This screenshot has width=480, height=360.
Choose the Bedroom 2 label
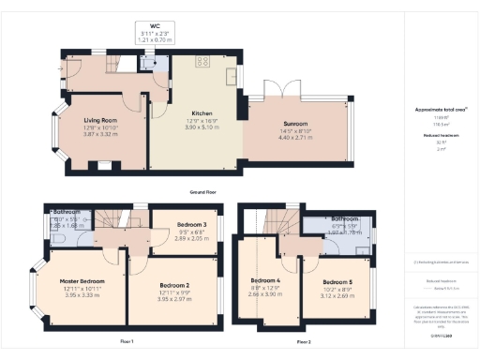tap(174, 285)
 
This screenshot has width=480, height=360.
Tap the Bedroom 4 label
tap(266, 280)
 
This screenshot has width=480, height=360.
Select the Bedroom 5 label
tap(337, 282)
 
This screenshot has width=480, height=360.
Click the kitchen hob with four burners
tap(201, 62)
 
